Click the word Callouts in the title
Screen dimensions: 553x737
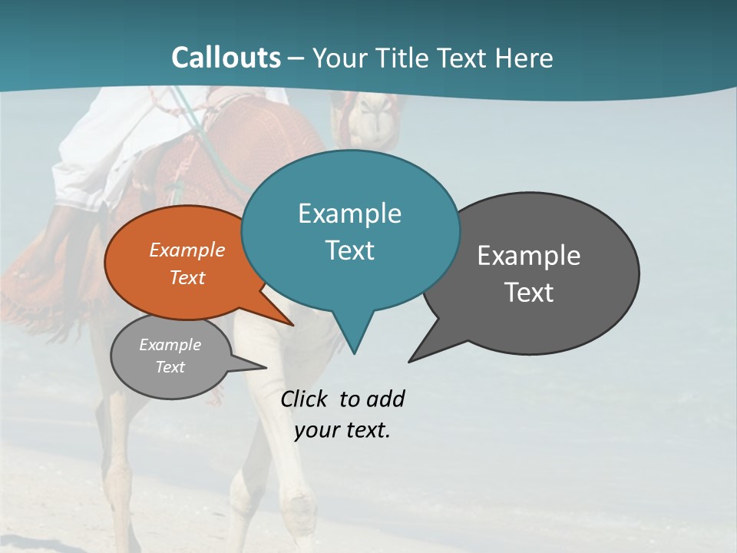(226, 58)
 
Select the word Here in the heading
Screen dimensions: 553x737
(524, 58)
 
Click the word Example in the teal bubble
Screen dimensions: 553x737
(349, 214)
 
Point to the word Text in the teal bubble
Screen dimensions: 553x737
(349, 250)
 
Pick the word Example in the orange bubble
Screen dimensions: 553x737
(187, 250)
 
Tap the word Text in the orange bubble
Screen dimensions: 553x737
(187, 277)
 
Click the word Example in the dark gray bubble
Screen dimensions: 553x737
(529, 256)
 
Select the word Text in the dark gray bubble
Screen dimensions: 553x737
(529, 293)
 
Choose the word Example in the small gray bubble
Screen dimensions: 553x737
(170, 345)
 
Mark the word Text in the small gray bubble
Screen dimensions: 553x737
(170, 367)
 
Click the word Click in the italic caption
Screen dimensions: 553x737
(304, 399)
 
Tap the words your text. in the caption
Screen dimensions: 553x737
(342, 430)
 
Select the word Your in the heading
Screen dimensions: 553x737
(339, 58)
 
